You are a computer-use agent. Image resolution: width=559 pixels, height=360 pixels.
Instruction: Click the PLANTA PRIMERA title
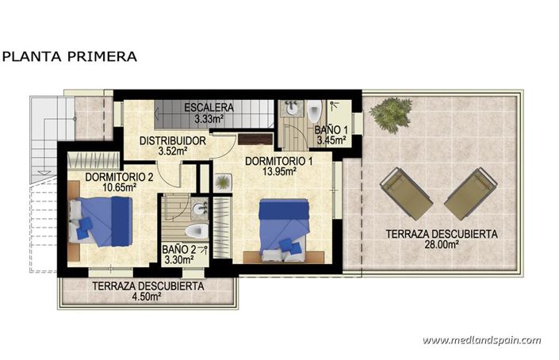click(x=69, y=56)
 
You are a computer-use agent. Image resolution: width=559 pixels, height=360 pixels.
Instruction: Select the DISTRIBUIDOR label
click(x=173, y=140)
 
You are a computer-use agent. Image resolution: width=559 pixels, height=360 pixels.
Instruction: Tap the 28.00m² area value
click(x=442, y=245)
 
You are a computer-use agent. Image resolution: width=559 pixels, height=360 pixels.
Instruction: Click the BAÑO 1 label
click(x=330, y=129)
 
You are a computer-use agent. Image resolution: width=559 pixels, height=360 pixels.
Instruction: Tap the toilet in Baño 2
click(x=194, y=231)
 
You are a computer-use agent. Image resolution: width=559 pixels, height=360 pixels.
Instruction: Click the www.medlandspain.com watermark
click(x=481, y=339)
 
